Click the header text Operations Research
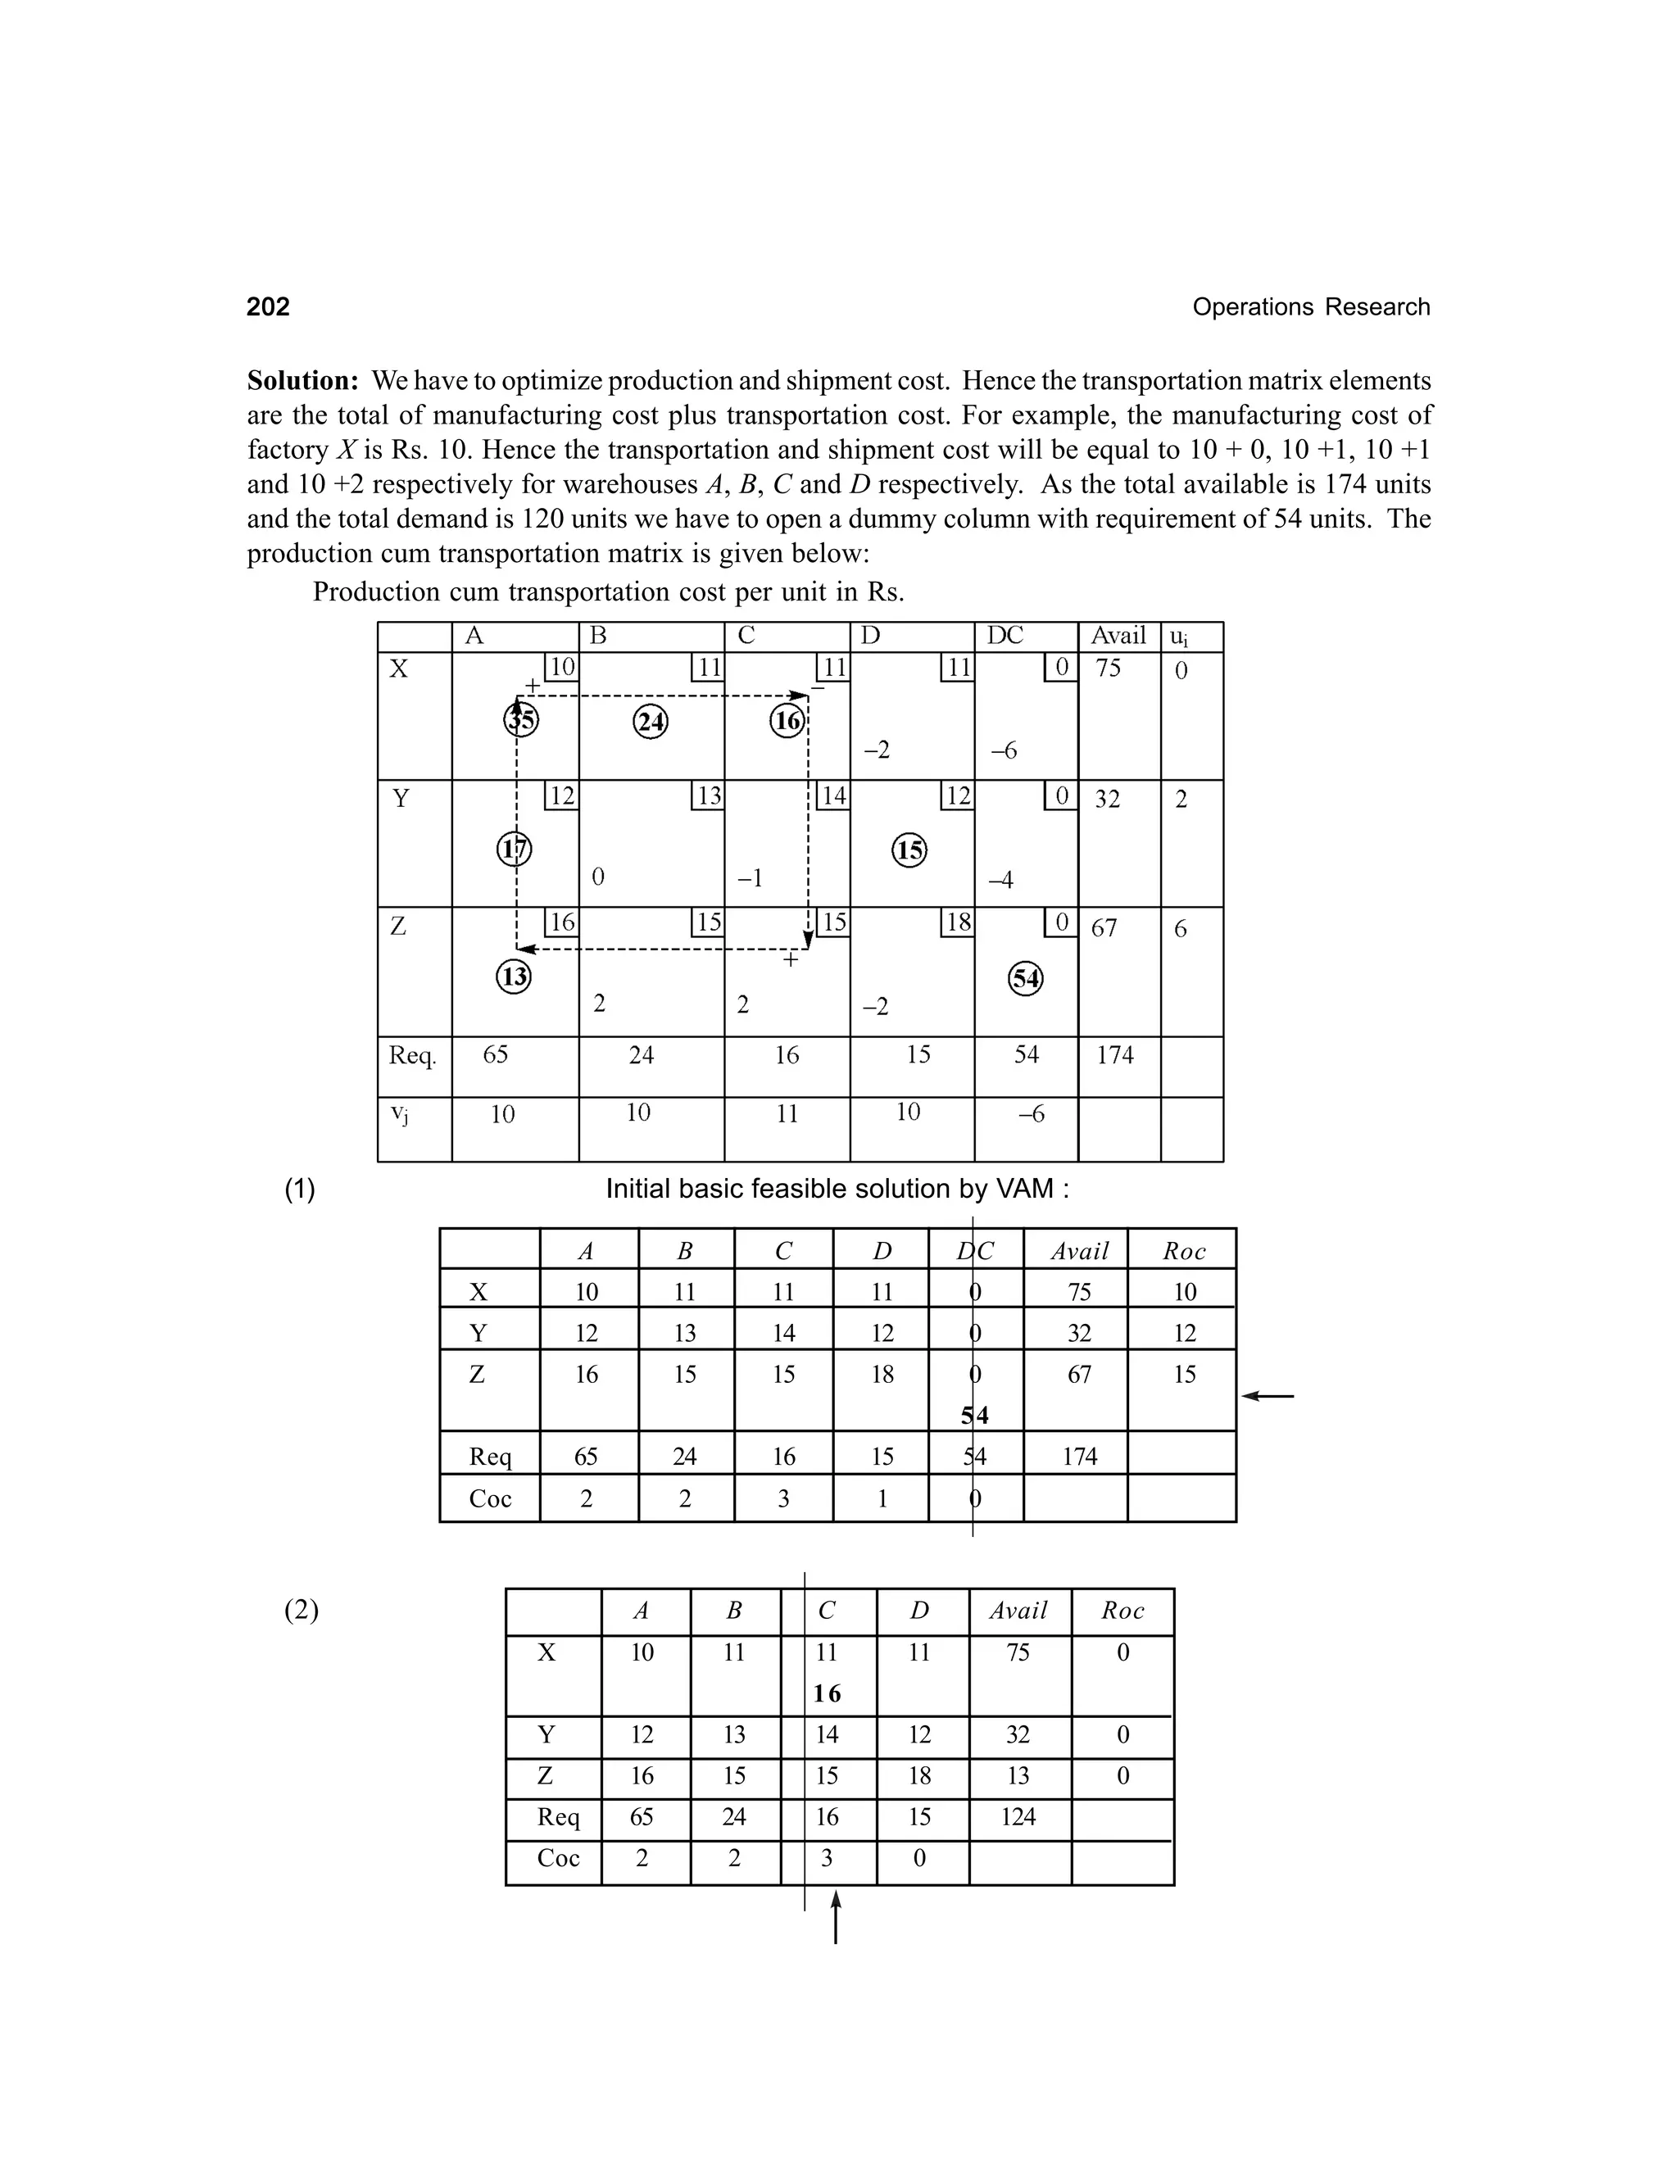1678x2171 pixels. pos(1310,307)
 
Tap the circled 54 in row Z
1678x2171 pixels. pos(1025,979)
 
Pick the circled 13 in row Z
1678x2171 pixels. pos(513,977)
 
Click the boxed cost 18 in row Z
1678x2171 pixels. pos(957,922)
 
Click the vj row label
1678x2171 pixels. pos(399,1114)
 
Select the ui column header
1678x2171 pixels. pos(1178,637)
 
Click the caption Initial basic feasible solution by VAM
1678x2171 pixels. pos(837,1189)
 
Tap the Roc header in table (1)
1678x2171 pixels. pos(1183,1252)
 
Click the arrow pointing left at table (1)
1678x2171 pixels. pos(1268,1397)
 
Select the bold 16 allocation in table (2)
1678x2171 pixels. pos(826,1694)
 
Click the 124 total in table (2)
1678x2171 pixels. pos(1018,1817)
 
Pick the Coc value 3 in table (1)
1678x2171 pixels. pos(783,1498)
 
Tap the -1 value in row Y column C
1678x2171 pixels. pos(750,879)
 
